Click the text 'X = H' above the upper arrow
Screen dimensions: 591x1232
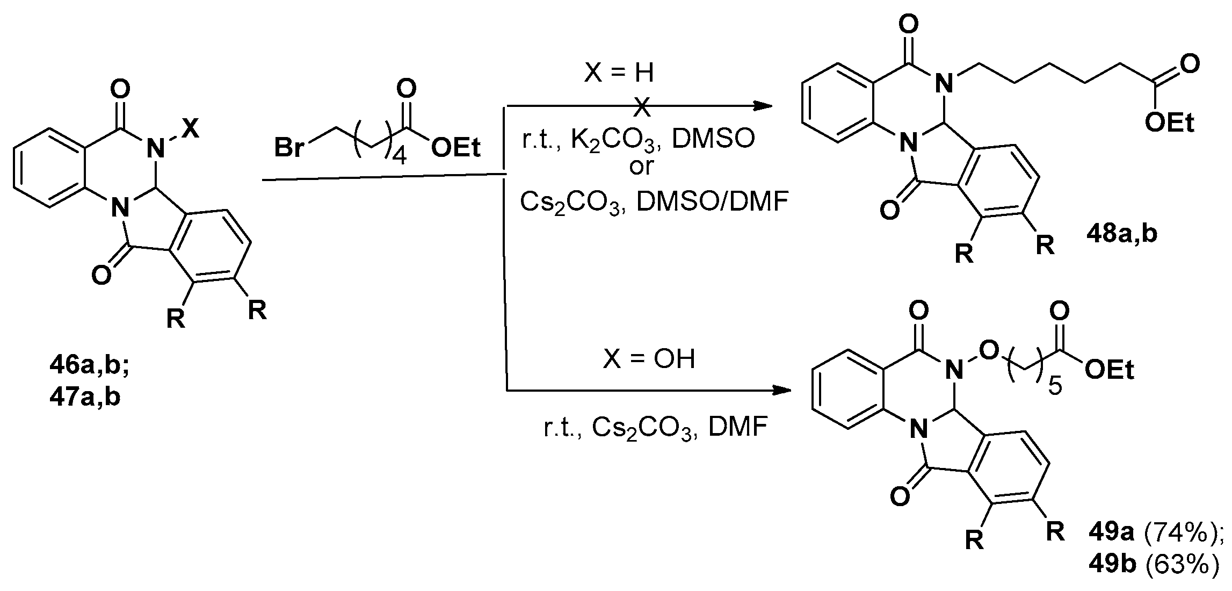[x=619, y=73]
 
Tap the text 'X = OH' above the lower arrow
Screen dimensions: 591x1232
[x=649, y=358]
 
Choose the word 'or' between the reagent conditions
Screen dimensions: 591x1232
[x=641, y=167]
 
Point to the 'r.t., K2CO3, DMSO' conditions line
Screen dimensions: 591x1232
[x=638, y=140]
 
